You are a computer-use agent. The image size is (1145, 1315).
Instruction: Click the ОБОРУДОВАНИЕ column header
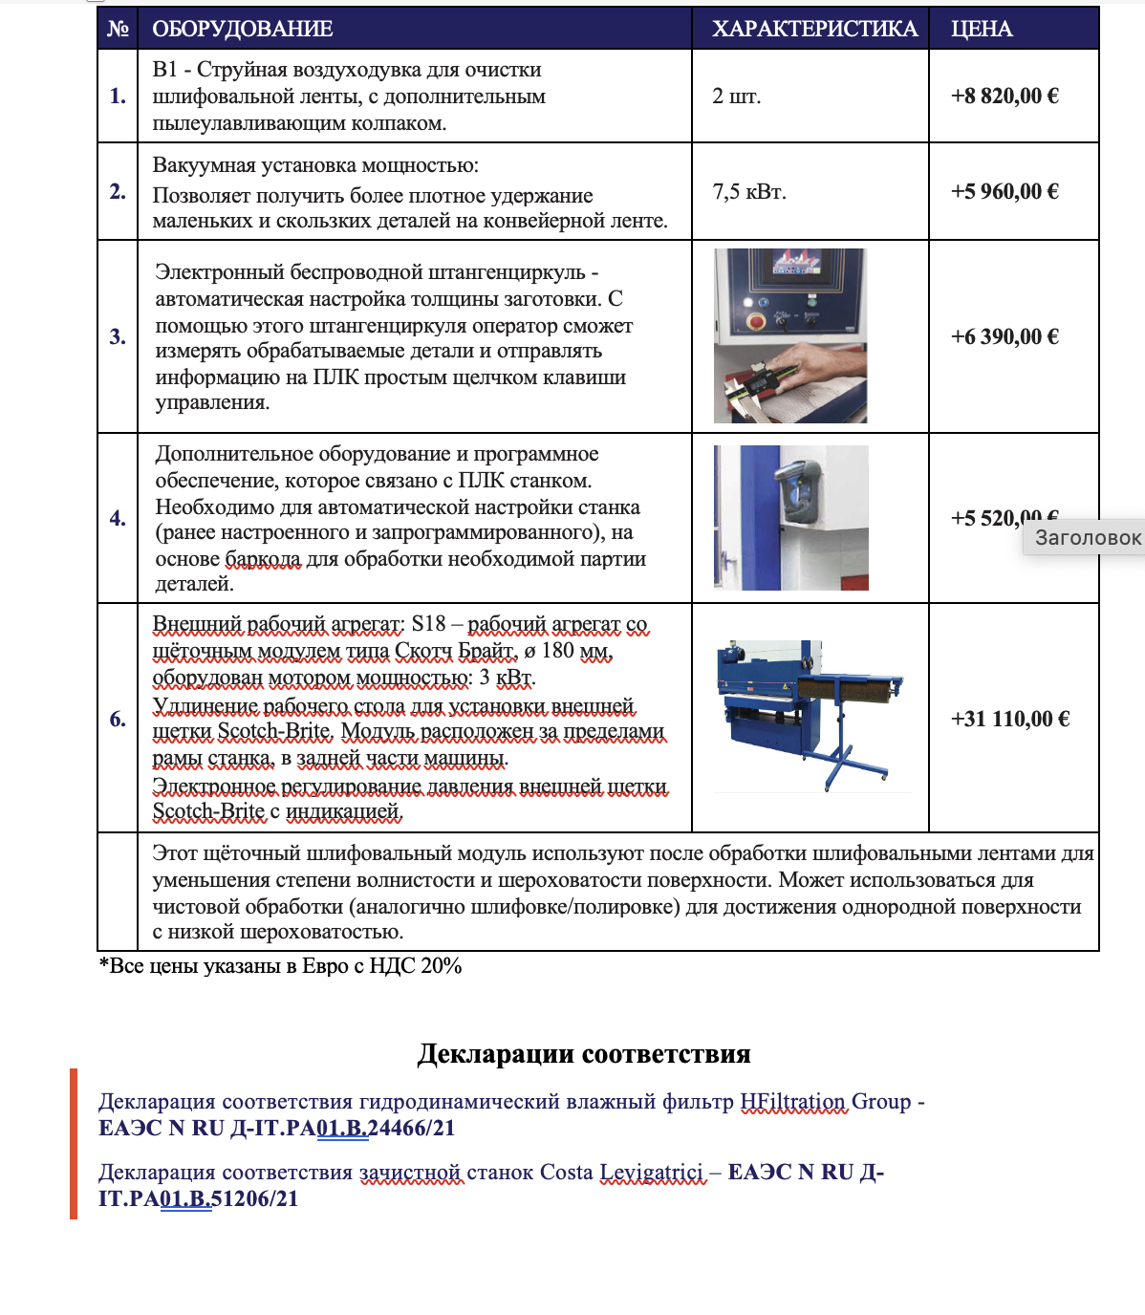coord(243,29)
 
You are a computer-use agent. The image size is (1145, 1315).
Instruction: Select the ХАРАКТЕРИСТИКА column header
coord(814,29)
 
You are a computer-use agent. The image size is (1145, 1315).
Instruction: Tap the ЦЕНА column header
coord(982,29)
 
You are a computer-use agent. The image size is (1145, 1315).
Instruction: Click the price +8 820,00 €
coord(1005,96)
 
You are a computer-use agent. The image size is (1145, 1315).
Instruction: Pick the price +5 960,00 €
coord(1005,191)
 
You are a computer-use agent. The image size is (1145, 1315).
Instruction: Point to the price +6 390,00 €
coord(1005,336)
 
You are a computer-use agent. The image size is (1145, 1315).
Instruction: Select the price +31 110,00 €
coord(1009,719)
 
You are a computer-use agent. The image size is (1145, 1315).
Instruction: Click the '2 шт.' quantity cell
coord(737,96)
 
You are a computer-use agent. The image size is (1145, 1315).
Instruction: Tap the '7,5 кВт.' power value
coord(749,191)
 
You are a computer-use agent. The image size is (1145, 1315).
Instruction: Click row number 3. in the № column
coord(118,336)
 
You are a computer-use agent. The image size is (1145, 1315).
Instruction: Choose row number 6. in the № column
coord(118,719)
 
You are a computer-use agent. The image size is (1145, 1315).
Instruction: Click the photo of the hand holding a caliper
coord(790,335)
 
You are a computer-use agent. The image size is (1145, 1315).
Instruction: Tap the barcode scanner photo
coord(791,517)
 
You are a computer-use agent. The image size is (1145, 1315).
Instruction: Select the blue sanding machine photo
coord(810,716)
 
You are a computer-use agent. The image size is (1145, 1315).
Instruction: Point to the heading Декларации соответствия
coord(584,1053)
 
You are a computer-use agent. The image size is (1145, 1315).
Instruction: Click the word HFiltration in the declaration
coord(793,1102)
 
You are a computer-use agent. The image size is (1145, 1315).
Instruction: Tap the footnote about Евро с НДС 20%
coord(281,966)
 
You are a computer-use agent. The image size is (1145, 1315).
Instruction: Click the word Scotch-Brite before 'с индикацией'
coord(208,811)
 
